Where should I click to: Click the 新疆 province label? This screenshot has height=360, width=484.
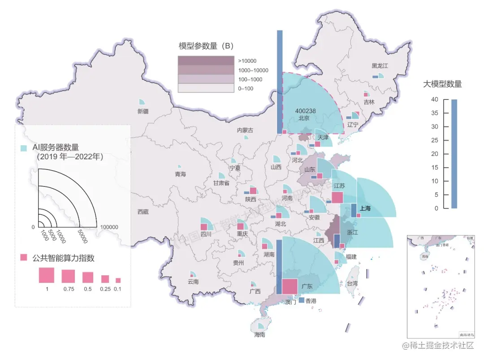coord(143,111)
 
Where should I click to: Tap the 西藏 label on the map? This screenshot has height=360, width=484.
coord(143,212)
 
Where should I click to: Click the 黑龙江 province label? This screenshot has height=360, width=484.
coord(379,65)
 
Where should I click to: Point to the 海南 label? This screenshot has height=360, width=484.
coord(259,335)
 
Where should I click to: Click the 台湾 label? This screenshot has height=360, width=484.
coord(352,283)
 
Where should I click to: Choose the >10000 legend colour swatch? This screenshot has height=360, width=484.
coord(206,61)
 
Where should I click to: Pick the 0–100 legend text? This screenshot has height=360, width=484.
coord(246,89)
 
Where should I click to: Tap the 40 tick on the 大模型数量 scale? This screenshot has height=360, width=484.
coord(434,100)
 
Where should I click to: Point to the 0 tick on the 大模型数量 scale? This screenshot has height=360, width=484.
coord(436,208)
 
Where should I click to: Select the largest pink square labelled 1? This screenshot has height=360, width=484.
coord(46,275)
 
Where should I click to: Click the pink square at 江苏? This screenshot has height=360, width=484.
coord(337,198)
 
